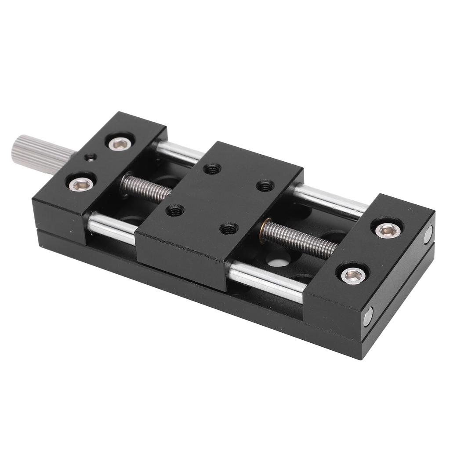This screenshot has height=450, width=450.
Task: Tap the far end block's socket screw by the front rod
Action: pyautogui.click(x=354, y=275)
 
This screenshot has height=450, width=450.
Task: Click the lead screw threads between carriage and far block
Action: pyautogui.click(x=299, y=240)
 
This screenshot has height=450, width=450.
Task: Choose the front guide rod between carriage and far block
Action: pyautogui.click(x=266, y=279)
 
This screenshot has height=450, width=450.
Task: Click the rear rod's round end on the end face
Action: pyautogui.click(x=428, y=234)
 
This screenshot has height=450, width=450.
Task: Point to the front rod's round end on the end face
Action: pyautogui.click(x=367, y=316)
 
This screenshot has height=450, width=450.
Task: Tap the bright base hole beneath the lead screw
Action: pyautogui.click(x=278, y=262)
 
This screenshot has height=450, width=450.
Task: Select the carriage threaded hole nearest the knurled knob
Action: pyautogui.click(x=175, y=211)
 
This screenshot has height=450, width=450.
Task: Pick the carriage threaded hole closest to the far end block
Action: pyautogui.click(x=265, y=186)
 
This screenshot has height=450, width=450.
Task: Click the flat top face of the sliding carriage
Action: pyautogui.click(x=220, y=198)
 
